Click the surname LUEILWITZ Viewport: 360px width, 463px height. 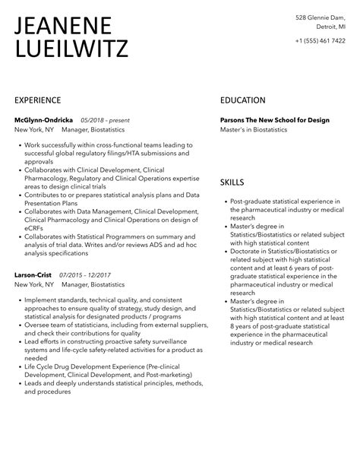[71, 50]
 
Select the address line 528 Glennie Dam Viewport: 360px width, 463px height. [321, 17]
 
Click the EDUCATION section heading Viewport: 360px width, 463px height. [243, 100]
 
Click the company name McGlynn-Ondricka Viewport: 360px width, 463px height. [44, 120]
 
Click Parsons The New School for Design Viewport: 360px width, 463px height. [275, 120]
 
